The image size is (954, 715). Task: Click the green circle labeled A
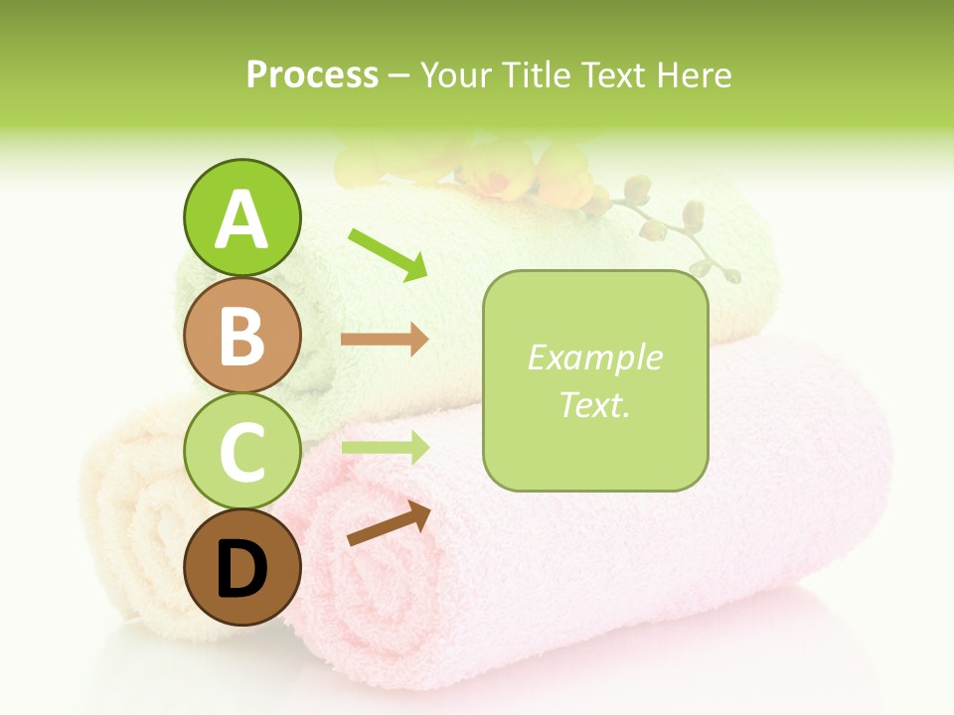(x=241, y=217)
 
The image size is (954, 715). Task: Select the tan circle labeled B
(x=241, y=336)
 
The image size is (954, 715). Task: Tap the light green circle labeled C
(x=241, y=453)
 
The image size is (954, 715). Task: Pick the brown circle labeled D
(x=241, y=568)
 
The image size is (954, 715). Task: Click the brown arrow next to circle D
(x=389, y=524)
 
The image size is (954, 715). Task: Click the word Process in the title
(x=312, y=74)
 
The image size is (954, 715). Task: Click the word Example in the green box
(x=594, y=357)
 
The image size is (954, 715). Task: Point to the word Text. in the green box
(x=594, y=404)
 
